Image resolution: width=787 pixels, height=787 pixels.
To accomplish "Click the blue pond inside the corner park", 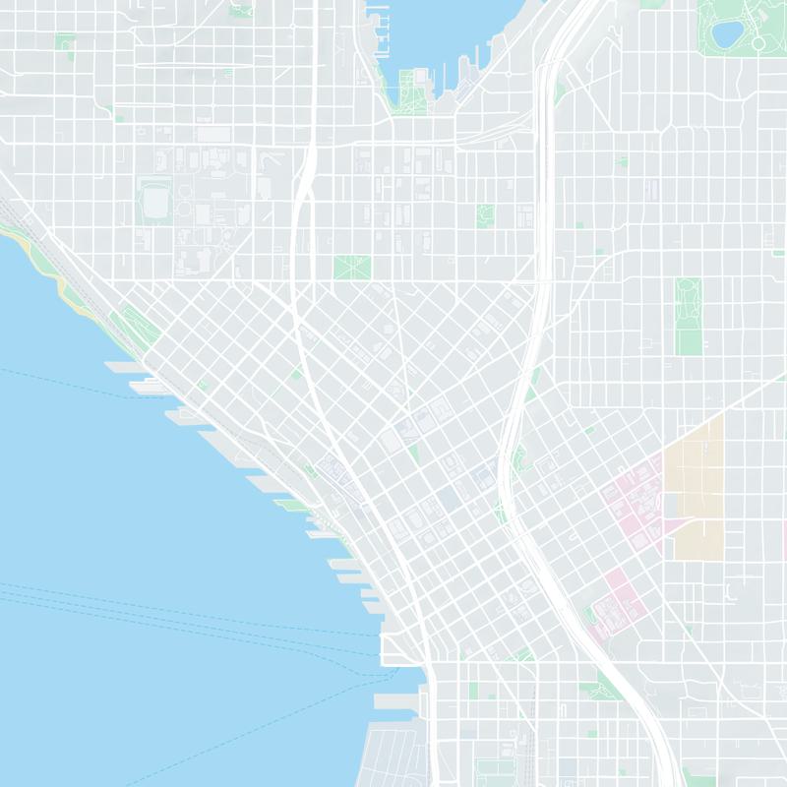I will coord(729,35).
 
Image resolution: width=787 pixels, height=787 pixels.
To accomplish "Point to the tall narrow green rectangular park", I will coord(688,315).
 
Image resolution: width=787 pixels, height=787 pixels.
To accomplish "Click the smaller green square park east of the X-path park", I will coord(485,216).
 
